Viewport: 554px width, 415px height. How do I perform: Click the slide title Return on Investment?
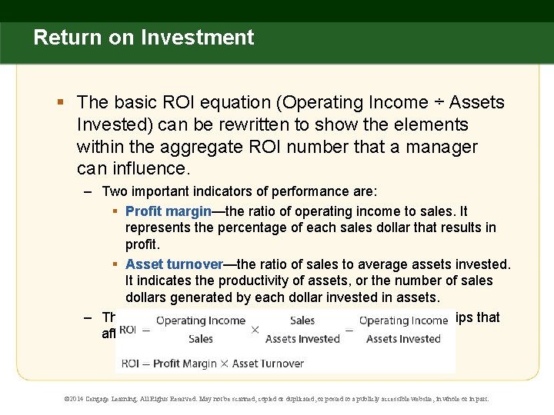(x=143, y=37)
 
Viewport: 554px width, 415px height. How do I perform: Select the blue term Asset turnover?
(x=174, y=264)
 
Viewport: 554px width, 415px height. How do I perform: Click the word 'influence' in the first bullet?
(x=146, y=168)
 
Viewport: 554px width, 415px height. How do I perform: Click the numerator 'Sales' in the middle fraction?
(x=302, y=320)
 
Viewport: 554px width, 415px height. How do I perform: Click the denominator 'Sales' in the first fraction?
(x=200, y=339)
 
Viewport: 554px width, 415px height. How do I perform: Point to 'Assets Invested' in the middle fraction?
(x=302, y=339)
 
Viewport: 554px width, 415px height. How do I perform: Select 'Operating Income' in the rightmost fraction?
(x=403, y=320)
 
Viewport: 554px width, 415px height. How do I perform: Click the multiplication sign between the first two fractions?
(x=255, y=329)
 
